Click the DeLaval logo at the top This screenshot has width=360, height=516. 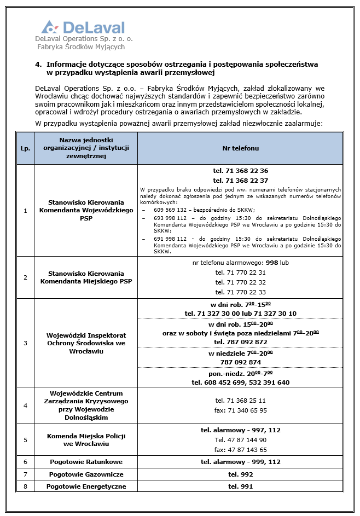click(83, 28)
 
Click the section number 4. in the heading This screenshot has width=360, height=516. click(38, 64)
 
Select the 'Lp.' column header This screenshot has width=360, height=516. click(25, 148)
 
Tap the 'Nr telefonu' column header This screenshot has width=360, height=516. click(240, 148)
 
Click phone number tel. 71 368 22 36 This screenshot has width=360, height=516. click(240, 171)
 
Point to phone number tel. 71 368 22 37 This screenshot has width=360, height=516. click(240, 180)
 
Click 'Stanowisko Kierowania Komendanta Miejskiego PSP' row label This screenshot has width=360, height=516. click(86, 277)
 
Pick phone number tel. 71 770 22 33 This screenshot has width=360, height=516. click(240, 292)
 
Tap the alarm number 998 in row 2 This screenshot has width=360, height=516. click(272, 263)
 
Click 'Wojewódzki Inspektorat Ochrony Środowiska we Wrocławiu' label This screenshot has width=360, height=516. click(86, 343)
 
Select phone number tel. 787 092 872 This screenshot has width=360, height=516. click(240, 341)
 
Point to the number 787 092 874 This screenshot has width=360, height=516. click(240, 362)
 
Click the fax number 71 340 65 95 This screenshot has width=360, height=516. click(240, 410)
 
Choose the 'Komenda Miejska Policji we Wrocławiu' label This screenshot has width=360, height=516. click(86, 439)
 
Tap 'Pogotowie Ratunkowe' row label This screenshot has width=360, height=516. click(86, 462)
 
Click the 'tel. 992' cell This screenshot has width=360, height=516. click(240, 474)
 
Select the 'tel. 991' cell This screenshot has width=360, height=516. click(240, 486)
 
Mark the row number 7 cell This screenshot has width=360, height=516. click(25, 474)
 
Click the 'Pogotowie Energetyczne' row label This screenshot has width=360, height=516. click(86, 486)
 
